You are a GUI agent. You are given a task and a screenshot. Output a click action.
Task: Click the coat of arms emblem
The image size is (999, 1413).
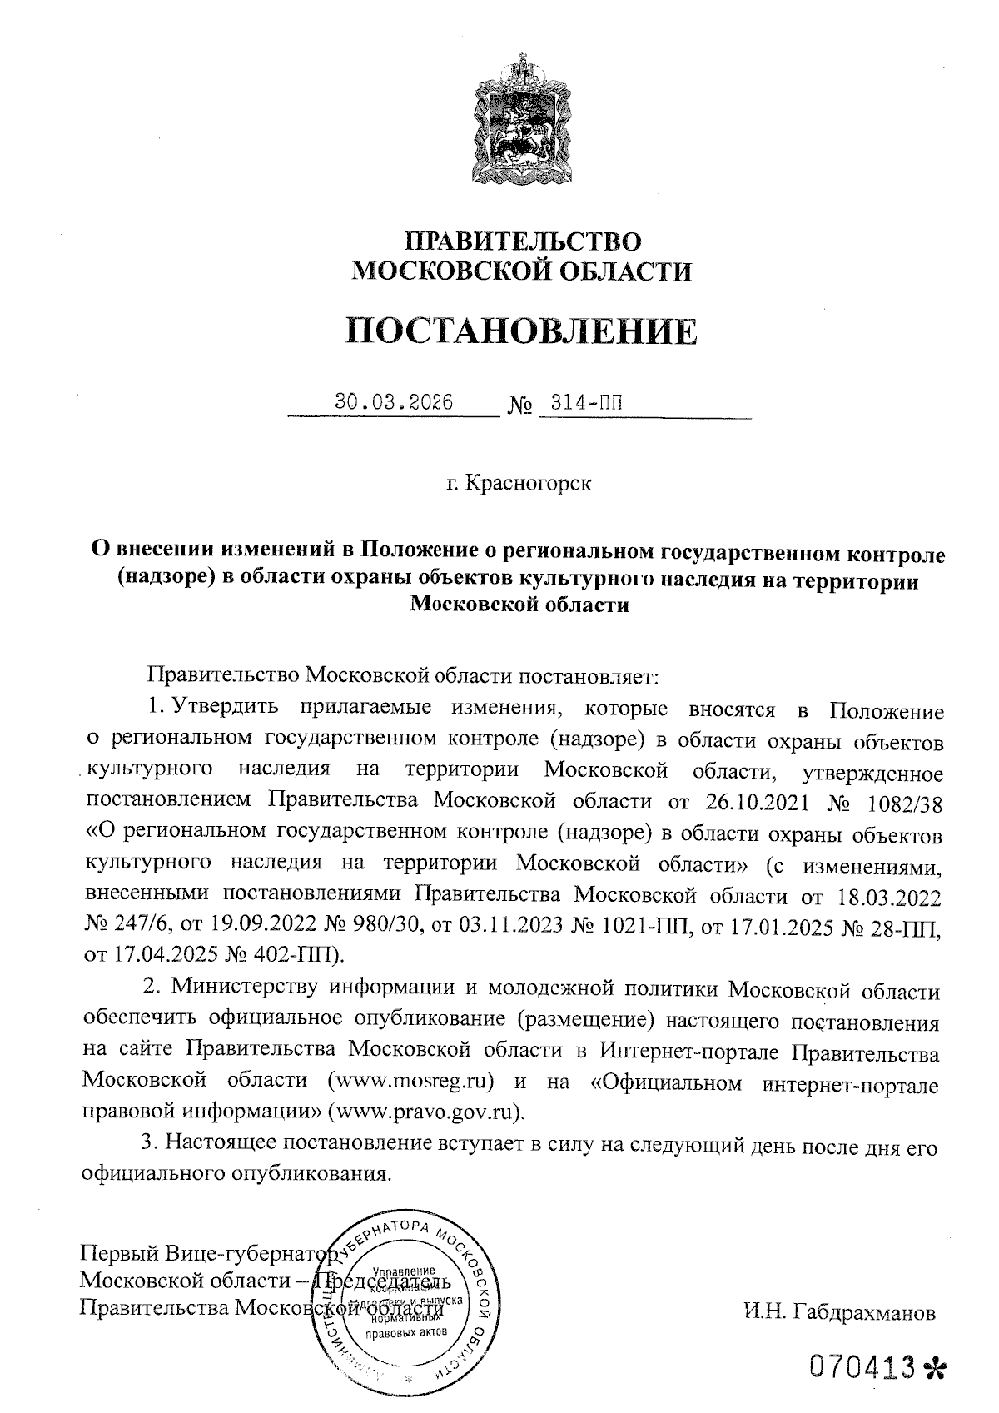click(523, 117)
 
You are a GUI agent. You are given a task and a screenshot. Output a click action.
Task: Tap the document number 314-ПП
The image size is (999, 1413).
click(580, 403)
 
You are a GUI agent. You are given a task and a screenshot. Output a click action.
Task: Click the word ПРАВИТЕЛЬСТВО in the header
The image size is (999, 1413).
click(523, 242)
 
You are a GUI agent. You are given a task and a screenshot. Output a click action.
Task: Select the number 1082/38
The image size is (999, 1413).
click(905, 801)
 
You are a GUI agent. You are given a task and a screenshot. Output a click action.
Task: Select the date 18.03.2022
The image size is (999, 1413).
click(882, 896)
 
